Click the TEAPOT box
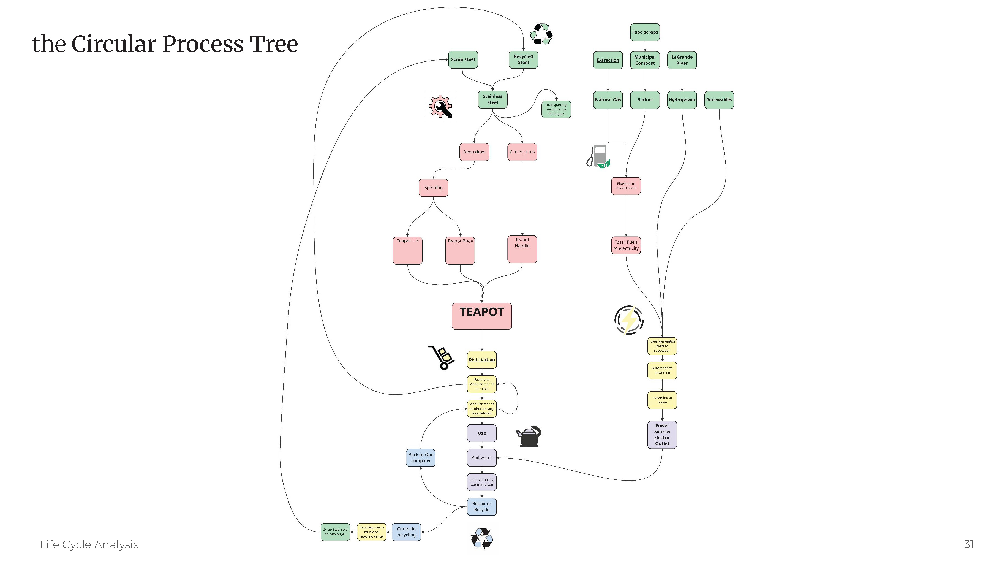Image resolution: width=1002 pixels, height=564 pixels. pos(481,316)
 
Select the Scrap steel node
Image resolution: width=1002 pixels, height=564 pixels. pos(463,59)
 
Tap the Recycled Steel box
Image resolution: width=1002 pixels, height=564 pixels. pos(523,59)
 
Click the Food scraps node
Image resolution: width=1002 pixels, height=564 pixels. pos(644,32)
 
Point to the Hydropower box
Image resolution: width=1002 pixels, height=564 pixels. pos(682,100)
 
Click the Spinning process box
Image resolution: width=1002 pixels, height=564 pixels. pos(433,188)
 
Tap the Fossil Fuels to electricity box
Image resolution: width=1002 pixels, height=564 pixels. pos(626,245)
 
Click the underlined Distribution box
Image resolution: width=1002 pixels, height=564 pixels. pos(481,360)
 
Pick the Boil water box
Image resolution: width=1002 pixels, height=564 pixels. pos(481,458)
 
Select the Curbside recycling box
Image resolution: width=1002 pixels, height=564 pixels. pos(406,532)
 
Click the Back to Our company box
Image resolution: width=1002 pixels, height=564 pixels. pos(421,458)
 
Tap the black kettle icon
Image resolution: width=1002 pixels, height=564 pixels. pos(528,436)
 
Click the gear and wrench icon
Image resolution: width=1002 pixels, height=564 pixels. pos(441,106)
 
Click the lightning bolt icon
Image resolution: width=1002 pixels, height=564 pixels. pos(628,320)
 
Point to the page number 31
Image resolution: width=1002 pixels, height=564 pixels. pos(968,544)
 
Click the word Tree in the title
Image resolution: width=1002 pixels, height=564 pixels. pos(273,44)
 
